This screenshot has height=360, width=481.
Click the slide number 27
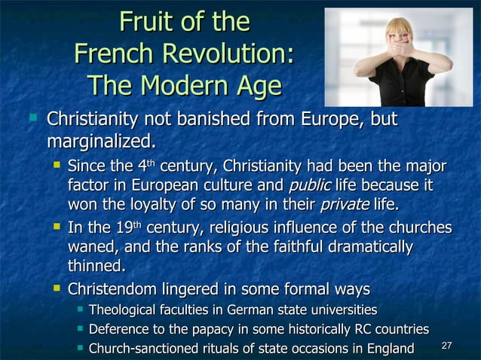[x=446, y=346]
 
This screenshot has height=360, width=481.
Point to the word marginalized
[x=101, y=141]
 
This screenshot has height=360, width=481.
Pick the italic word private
[x=345, y=205]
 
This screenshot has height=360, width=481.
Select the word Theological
[x=125, y=310]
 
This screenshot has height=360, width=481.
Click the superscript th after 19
[x=137, y=224]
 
